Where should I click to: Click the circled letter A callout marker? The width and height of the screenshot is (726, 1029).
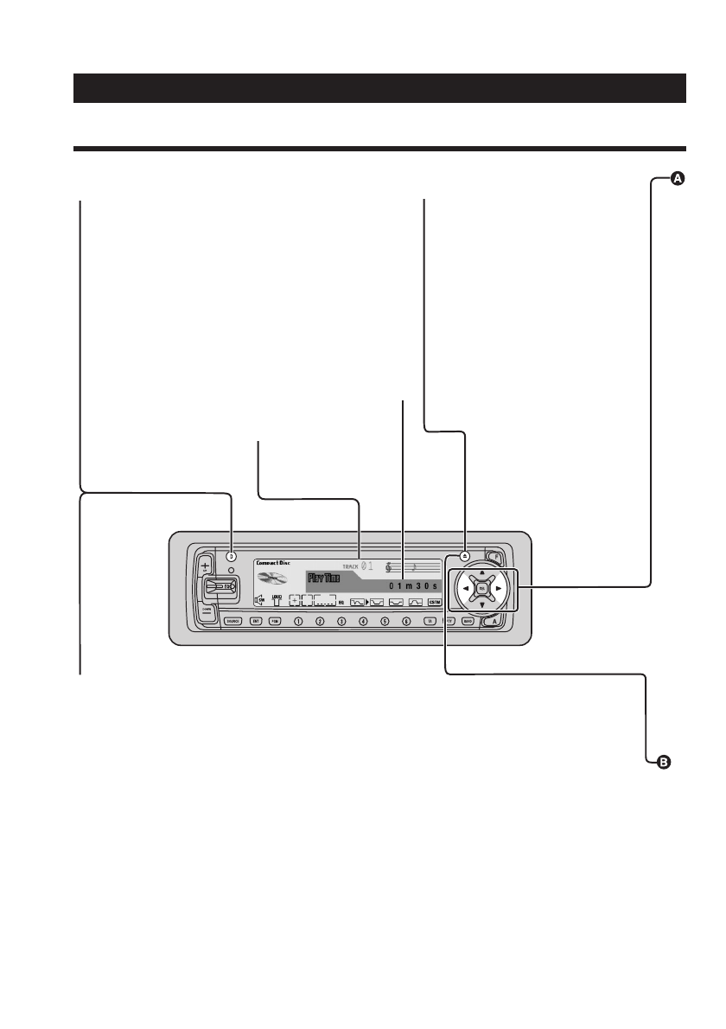coord(678,179)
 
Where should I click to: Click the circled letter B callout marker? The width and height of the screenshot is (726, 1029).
coord(664,762)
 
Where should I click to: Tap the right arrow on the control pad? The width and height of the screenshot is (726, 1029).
coord(499,589)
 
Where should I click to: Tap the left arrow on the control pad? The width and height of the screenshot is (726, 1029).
coord(464,589)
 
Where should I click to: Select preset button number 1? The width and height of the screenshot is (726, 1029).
coord(298,621)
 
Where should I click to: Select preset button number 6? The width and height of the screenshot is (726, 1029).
coord(406,621)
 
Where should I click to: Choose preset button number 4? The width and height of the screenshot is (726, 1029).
coord(363,621)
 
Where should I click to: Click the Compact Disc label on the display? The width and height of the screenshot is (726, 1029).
coord(273,563)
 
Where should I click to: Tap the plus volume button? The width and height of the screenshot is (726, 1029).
coord(205,566)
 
